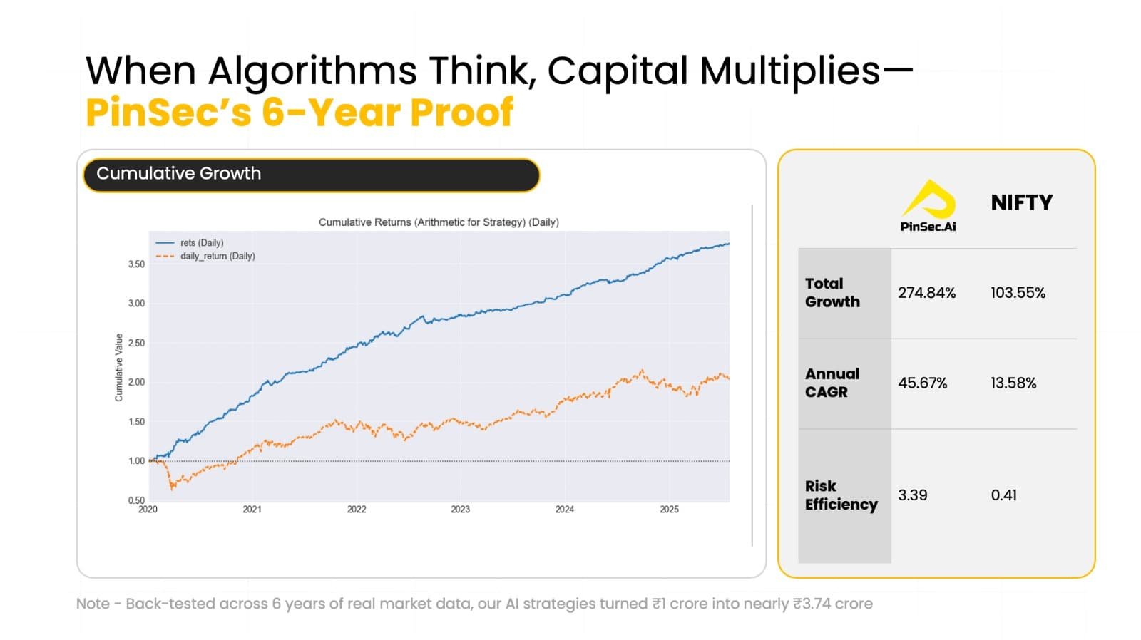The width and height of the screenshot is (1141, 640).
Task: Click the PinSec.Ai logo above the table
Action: coord(928,206)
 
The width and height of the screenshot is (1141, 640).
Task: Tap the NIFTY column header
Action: coord(1021,202)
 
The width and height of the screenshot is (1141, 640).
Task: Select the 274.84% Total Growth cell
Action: coord(926,293)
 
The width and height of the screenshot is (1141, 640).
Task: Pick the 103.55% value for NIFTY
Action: coord(1018,293)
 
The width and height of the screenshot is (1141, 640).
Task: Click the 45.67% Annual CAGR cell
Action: coord(923,383)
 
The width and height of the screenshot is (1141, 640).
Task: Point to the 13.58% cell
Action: coord(1013,383)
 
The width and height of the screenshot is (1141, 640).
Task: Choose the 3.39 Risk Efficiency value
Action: coord(912,495)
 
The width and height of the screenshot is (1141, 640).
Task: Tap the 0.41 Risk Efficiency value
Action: coord(1003,495)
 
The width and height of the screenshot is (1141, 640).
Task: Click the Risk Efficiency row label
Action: coord(841,495)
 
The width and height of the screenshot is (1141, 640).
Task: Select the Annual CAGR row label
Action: coord(832,383)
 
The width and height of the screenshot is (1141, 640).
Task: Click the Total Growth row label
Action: coord(832,293)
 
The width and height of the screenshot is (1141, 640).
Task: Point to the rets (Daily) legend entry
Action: coord(190,243)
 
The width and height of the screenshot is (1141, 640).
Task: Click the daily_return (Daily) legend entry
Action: coord(205,256)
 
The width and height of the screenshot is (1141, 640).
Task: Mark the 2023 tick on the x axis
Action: coord(461,509)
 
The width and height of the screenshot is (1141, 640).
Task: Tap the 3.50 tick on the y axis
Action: coord(136,264)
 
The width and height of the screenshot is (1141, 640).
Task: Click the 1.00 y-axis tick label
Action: coord(136,461)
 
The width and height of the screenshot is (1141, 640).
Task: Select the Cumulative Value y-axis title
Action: coord(118,368)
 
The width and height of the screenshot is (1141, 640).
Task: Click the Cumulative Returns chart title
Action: coord(439,222)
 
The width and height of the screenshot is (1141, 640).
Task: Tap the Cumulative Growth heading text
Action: coord(179,174)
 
